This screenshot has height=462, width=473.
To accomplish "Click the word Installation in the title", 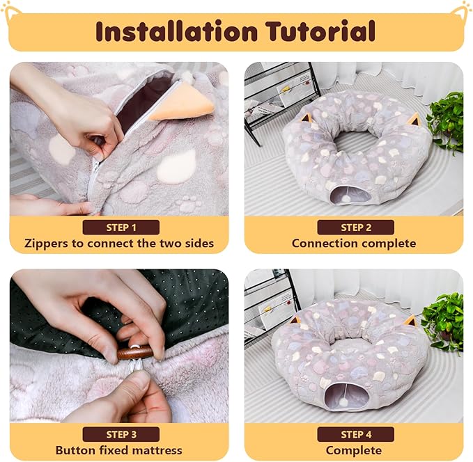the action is [176, 31].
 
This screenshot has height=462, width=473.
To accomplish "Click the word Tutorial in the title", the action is [320, 31].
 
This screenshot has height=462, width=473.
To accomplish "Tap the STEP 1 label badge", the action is [121, 228].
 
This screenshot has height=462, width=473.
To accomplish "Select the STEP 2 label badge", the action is [356, 228].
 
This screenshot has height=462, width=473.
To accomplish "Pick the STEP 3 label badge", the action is [121, 434].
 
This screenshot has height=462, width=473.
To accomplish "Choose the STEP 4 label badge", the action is [356, 434].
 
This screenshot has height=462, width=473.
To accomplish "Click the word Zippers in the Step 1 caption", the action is [47, 244].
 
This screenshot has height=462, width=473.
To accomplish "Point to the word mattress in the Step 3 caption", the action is [157, 450].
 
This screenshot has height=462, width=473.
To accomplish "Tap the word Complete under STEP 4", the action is [354, 451].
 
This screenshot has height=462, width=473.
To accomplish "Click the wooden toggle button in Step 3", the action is [134, 352].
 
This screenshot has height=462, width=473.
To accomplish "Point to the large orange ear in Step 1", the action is [180, 102].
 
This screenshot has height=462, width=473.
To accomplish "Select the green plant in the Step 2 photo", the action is [447, 122].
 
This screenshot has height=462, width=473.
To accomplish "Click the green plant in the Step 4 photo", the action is [443, 323].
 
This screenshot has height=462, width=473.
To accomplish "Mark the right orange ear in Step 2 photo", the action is [414, 118].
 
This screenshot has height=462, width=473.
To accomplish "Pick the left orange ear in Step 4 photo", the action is [296, 319].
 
